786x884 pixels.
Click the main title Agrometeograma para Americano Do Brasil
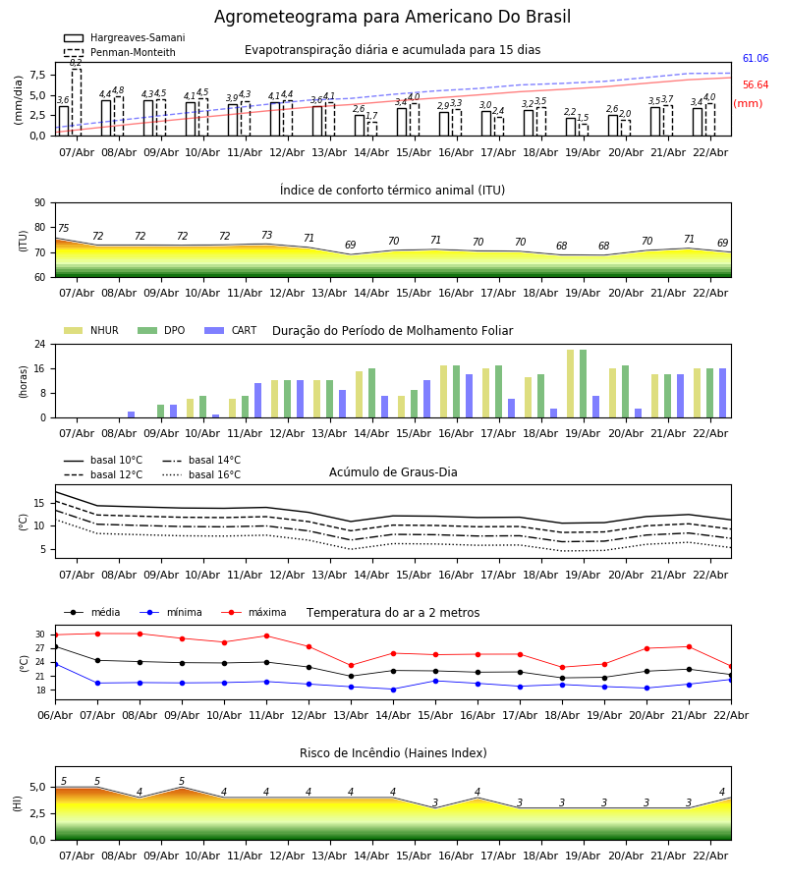click(x=392, y=18)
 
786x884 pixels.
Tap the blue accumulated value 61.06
click(x=755, y=59)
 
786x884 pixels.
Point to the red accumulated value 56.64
click(x=755, y=85)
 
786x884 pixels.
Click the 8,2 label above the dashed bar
click(x=76, y=63)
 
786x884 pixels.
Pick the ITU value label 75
click(x=64, y=229)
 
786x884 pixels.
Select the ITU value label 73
click(x=266, y=236)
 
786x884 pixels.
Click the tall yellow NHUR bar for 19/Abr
click(x=570, y=383)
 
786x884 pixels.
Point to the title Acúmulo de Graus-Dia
click(x=393, y=472)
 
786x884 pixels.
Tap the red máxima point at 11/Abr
click(x=266, y=635)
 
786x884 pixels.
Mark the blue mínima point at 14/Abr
click(x=393, y=690)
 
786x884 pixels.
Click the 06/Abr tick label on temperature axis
click(x=55, y=714)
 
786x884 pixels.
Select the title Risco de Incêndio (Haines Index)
click(x=393, y=753)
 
